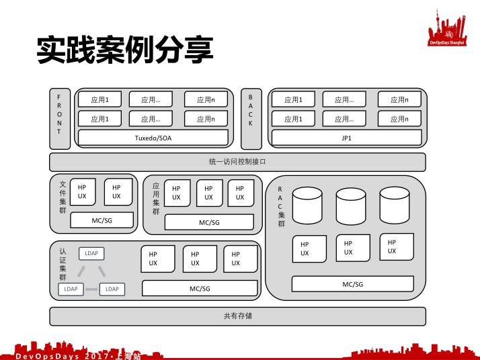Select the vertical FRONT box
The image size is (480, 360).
(59, 118)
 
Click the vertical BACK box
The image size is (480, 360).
(251, 118)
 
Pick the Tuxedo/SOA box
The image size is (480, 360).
(153, 138)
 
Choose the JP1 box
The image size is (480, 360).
(346, 138)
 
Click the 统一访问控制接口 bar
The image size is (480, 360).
(237, 162)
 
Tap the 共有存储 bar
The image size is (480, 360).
(237, 316)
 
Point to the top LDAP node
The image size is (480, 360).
(91, 253)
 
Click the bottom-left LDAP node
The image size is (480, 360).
(71, 289)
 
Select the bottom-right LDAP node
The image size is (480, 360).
(112, 289)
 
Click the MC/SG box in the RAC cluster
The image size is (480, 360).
(352, 284)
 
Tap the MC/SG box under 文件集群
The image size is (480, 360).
(102, 220)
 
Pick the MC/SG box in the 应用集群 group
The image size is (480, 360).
(208, 222)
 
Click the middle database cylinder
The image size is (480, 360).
(350, 206)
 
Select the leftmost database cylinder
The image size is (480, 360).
(307, 206)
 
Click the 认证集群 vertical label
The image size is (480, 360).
(63, 264)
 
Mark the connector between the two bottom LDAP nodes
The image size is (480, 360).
(91, 289)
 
